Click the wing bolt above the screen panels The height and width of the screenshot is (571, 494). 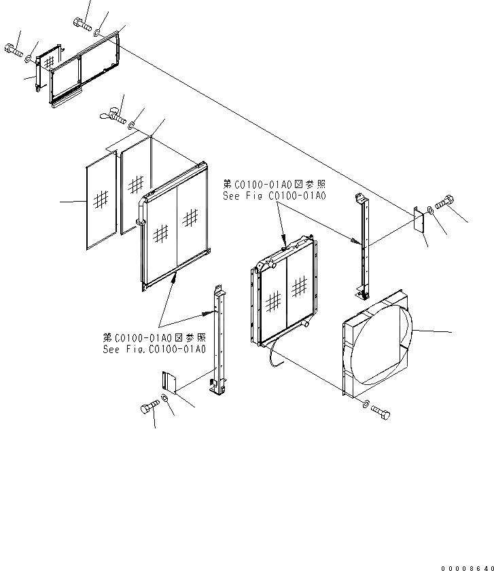(x=113, y=117)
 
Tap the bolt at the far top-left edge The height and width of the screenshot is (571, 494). (x=13, y=49)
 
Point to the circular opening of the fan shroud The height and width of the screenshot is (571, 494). (x=381, y=346)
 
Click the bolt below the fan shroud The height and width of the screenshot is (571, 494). (x=382, y=411)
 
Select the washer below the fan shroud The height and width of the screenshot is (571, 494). (x=367, y=405)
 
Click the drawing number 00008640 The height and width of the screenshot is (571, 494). (x=463, y=565)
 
